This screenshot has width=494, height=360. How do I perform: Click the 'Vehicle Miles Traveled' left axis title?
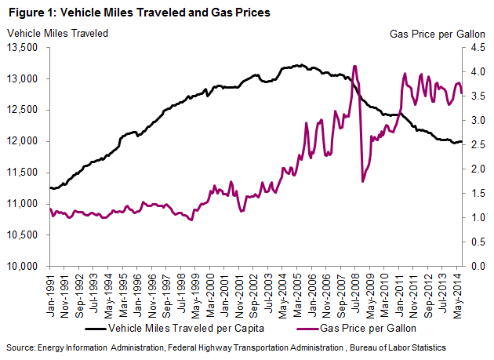(x=58, y=33)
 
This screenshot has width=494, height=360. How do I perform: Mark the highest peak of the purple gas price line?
(x=355, y=66)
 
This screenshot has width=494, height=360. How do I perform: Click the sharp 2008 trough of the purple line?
(x=362, y=182)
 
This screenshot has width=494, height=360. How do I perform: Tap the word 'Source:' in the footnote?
(x=22, y=346)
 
